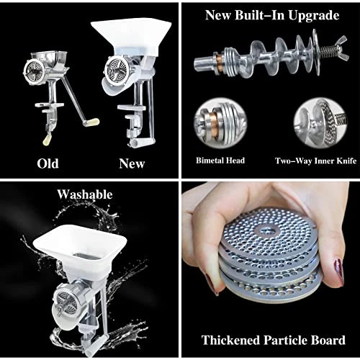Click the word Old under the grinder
pos(48,163)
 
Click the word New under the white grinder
pos(132,163)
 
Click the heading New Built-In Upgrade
pos(271,14)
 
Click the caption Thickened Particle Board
pos(271,340)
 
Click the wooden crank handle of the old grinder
pos(93,122)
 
